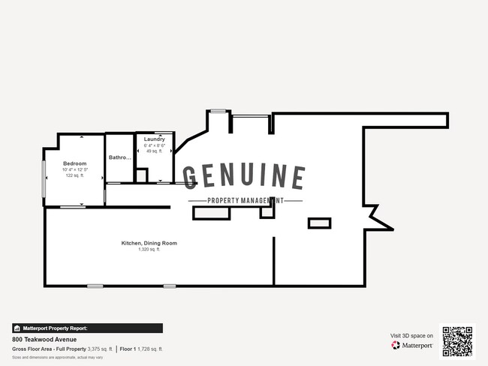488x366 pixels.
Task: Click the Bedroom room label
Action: (74, 163)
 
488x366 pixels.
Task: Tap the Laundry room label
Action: (155, 139)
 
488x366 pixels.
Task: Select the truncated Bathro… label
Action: (120, 158)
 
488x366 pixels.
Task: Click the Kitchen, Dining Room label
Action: (149, 243)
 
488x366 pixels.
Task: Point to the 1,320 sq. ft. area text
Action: (149, 249)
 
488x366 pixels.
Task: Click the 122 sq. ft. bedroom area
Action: (74, 175)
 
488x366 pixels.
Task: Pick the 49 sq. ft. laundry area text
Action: (155, 151)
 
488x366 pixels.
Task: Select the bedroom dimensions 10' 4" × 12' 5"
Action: (74, 169)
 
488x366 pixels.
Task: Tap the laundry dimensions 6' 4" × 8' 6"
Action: (155, 145)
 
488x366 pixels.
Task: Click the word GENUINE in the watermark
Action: (245, 177)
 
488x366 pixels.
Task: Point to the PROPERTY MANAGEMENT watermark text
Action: (245, 200)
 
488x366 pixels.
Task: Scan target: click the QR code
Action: (457, 341)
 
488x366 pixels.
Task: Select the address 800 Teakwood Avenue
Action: (44, 339)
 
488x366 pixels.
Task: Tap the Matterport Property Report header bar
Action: (87, 328)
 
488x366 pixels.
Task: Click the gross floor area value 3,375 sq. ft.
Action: (101, 349)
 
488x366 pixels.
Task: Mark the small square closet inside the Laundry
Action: (141, 175)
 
